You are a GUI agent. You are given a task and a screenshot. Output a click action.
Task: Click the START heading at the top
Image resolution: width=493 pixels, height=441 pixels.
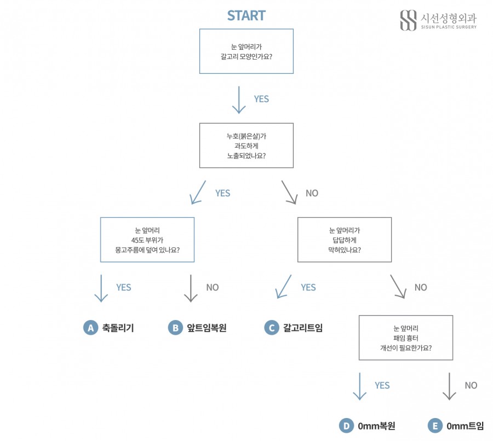coord(246,16)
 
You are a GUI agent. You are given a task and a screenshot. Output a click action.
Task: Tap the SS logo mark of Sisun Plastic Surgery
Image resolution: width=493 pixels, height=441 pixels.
coord(408,20)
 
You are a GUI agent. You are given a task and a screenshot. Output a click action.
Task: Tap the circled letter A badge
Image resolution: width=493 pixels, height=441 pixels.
coord(91,328)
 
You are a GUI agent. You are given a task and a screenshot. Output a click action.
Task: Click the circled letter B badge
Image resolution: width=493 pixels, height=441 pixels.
coord(175,328)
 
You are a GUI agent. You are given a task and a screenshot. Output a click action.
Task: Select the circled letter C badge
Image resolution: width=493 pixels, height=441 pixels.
coord(272,328)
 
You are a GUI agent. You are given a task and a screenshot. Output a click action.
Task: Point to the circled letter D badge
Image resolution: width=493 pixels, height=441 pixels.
coord(347,426)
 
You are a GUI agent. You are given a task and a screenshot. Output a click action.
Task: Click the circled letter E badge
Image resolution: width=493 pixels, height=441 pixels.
coord(435,426)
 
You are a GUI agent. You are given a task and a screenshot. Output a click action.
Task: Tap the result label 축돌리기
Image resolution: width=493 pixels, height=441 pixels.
coord(118,328)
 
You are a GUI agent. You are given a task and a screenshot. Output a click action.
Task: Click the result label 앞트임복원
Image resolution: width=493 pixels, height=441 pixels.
coord(207,328)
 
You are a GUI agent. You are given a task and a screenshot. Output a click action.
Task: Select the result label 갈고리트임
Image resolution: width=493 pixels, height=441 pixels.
coord(303,328)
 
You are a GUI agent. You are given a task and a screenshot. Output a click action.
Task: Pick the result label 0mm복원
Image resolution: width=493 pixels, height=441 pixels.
coord(376,426)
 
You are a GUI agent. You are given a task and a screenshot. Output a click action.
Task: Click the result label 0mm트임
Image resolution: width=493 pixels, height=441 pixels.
coord(465,426)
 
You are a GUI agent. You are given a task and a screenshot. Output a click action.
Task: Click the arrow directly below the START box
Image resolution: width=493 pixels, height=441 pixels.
coord(239,100)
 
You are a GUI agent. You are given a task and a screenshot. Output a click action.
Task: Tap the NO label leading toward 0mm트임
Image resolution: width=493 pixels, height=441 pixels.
coord(471,385)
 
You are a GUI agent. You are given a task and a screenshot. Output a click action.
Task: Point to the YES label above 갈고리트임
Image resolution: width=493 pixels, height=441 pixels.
coord(308,287)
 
